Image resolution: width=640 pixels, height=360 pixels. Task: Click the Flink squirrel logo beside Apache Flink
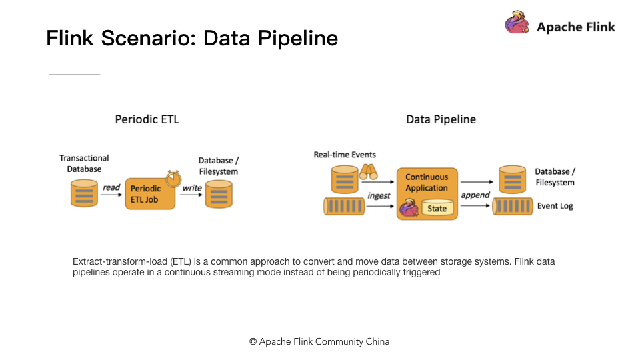point(517,22)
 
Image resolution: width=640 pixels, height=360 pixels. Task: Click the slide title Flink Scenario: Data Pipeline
point(192,38)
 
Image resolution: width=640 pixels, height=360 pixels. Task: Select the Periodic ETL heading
point(147,119)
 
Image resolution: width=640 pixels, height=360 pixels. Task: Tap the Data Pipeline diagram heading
point(441,119)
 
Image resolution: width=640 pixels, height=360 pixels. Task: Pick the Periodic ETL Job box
point(150,194)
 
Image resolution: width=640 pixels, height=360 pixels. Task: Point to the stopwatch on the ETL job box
point(173,179)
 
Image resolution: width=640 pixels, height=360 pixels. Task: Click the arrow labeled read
point(111,195)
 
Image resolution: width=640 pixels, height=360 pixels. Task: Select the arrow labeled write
point(191,195)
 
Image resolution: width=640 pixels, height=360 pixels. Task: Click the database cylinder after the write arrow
point(219,194)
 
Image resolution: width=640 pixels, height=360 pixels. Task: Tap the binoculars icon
point(368,172)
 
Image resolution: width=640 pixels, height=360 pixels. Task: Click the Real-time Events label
point(345,155)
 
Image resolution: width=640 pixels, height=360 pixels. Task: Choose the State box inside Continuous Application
point(437,208)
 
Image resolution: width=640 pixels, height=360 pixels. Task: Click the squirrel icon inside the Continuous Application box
point(409,207)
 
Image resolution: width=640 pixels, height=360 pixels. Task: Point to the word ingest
point(379,196)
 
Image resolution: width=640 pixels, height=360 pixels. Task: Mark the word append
point(475,195)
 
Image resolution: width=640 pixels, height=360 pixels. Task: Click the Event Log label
point(555,206)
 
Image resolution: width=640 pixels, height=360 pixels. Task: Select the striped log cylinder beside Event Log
point(513,206)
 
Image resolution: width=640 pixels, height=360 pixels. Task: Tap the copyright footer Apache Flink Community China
point(319,341)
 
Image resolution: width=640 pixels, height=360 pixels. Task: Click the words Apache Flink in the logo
point(576,27)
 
